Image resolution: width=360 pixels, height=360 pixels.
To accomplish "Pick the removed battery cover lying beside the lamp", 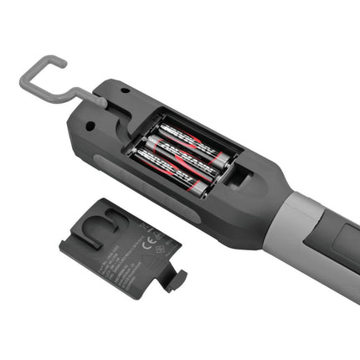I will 121,243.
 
